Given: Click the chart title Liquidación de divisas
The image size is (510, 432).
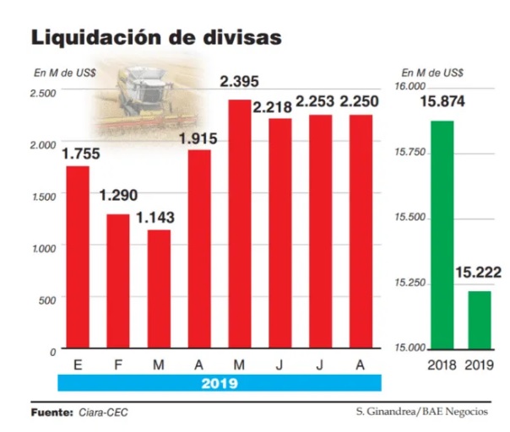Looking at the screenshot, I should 156,38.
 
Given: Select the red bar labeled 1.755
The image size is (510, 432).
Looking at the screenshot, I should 78,257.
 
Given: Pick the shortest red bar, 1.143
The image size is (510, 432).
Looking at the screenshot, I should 159,289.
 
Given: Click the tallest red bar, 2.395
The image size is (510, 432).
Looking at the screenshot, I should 240,224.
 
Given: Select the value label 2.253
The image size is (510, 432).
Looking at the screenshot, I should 319,102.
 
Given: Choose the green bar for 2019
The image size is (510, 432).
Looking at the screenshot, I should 478,319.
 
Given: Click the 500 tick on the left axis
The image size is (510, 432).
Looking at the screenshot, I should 46,300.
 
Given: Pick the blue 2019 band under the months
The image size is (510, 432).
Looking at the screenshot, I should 220,382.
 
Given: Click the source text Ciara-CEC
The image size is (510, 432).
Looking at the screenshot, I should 104,413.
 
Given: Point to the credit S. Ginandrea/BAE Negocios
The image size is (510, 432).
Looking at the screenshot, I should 421,412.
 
